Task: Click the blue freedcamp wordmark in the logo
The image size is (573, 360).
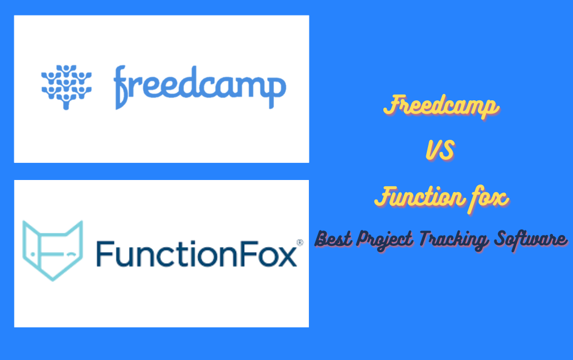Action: (x=199, y=87)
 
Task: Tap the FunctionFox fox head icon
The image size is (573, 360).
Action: (x=53, y=251)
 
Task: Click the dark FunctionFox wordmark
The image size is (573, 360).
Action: (x=197, y=253)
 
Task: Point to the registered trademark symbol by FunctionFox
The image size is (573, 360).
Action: (x=300, y=242)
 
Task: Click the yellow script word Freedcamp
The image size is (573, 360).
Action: (x=441, y=105)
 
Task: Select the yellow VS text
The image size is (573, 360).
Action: (x=440, y=150)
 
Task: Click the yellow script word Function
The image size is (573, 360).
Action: (x=420, y=197)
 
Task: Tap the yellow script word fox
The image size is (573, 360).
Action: (x=489, y=198)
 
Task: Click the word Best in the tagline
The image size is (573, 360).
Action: (x=333, y=239)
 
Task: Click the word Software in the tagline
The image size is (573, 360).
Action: (x=531, y=239)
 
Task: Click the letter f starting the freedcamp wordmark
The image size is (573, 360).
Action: (x=120, y=87)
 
